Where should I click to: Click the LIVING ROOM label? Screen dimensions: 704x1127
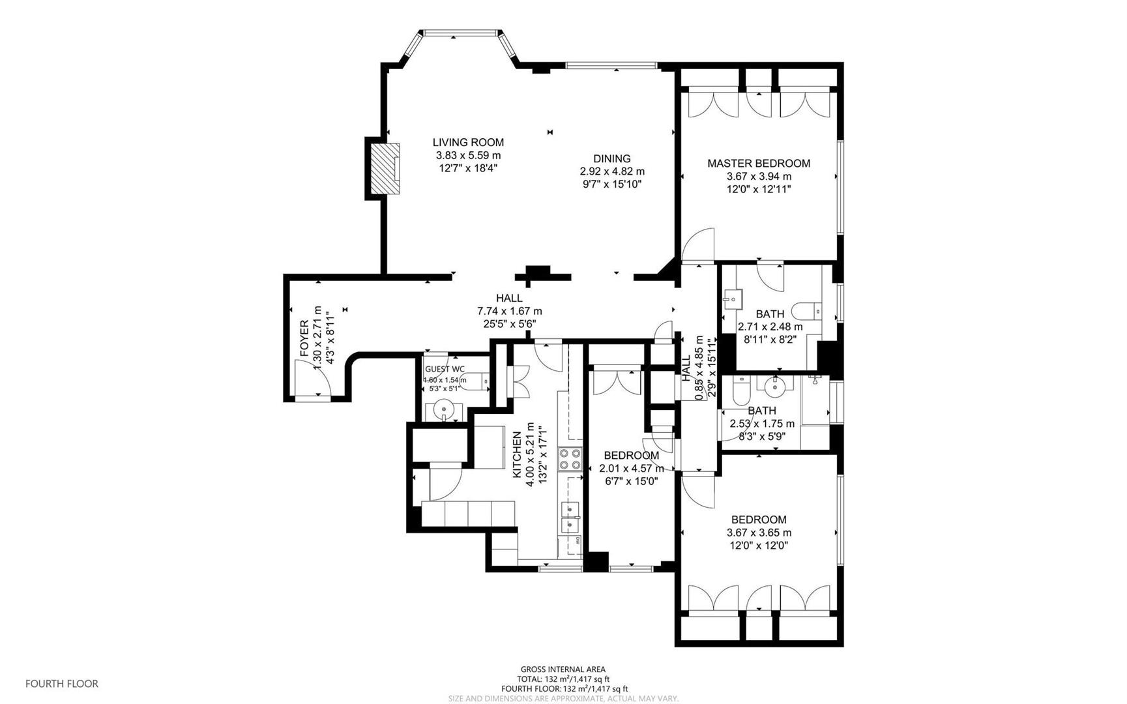tap(468, 142)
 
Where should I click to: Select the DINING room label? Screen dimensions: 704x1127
tap(611, 158)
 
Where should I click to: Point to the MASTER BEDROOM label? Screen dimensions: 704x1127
tap(759, 164)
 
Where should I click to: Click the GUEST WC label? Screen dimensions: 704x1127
tap(445, 369)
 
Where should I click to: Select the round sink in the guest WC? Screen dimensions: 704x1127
tap(444, 411)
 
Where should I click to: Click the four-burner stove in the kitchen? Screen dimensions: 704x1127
tap(570, 459)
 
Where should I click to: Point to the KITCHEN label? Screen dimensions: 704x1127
tap(517, 454)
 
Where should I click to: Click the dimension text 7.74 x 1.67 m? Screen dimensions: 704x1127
tap(509, 312)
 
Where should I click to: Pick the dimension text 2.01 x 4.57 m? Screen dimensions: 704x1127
tap(631, 468)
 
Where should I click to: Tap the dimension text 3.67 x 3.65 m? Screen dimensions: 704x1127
tap(759, 533)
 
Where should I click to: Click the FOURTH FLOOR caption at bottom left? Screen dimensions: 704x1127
tap(62, 684)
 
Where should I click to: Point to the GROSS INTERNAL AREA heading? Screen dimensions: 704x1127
tap(563, 669)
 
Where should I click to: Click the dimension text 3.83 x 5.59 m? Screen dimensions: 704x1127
tap(468, 155)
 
